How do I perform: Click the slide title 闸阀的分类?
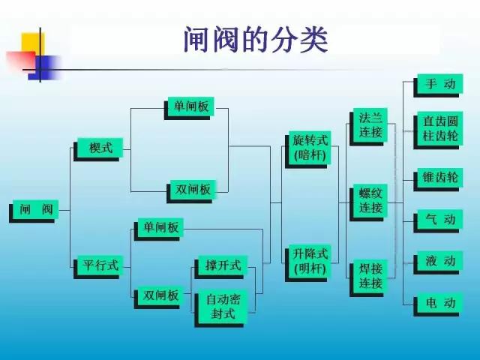256,40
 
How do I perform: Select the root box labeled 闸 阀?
34,211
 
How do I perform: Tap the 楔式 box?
98,149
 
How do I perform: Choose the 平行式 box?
98,267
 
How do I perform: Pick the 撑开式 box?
221,267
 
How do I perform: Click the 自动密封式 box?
221,308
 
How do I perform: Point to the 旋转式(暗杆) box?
308,150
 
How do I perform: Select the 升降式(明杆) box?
308,263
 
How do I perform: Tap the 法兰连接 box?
369,127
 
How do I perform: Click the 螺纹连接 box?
369,202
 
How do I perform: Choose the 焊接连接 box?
369,278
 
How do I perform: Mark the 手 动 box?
438,85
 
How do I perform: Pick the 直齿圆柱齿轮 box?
438,130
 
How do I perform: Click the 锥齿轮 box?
438,179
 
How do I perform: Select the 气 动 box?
438,221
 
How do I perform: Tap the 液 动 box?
438,262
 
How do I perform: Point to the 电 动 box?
438,304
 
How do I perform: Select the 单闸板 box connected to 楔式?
189,108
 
